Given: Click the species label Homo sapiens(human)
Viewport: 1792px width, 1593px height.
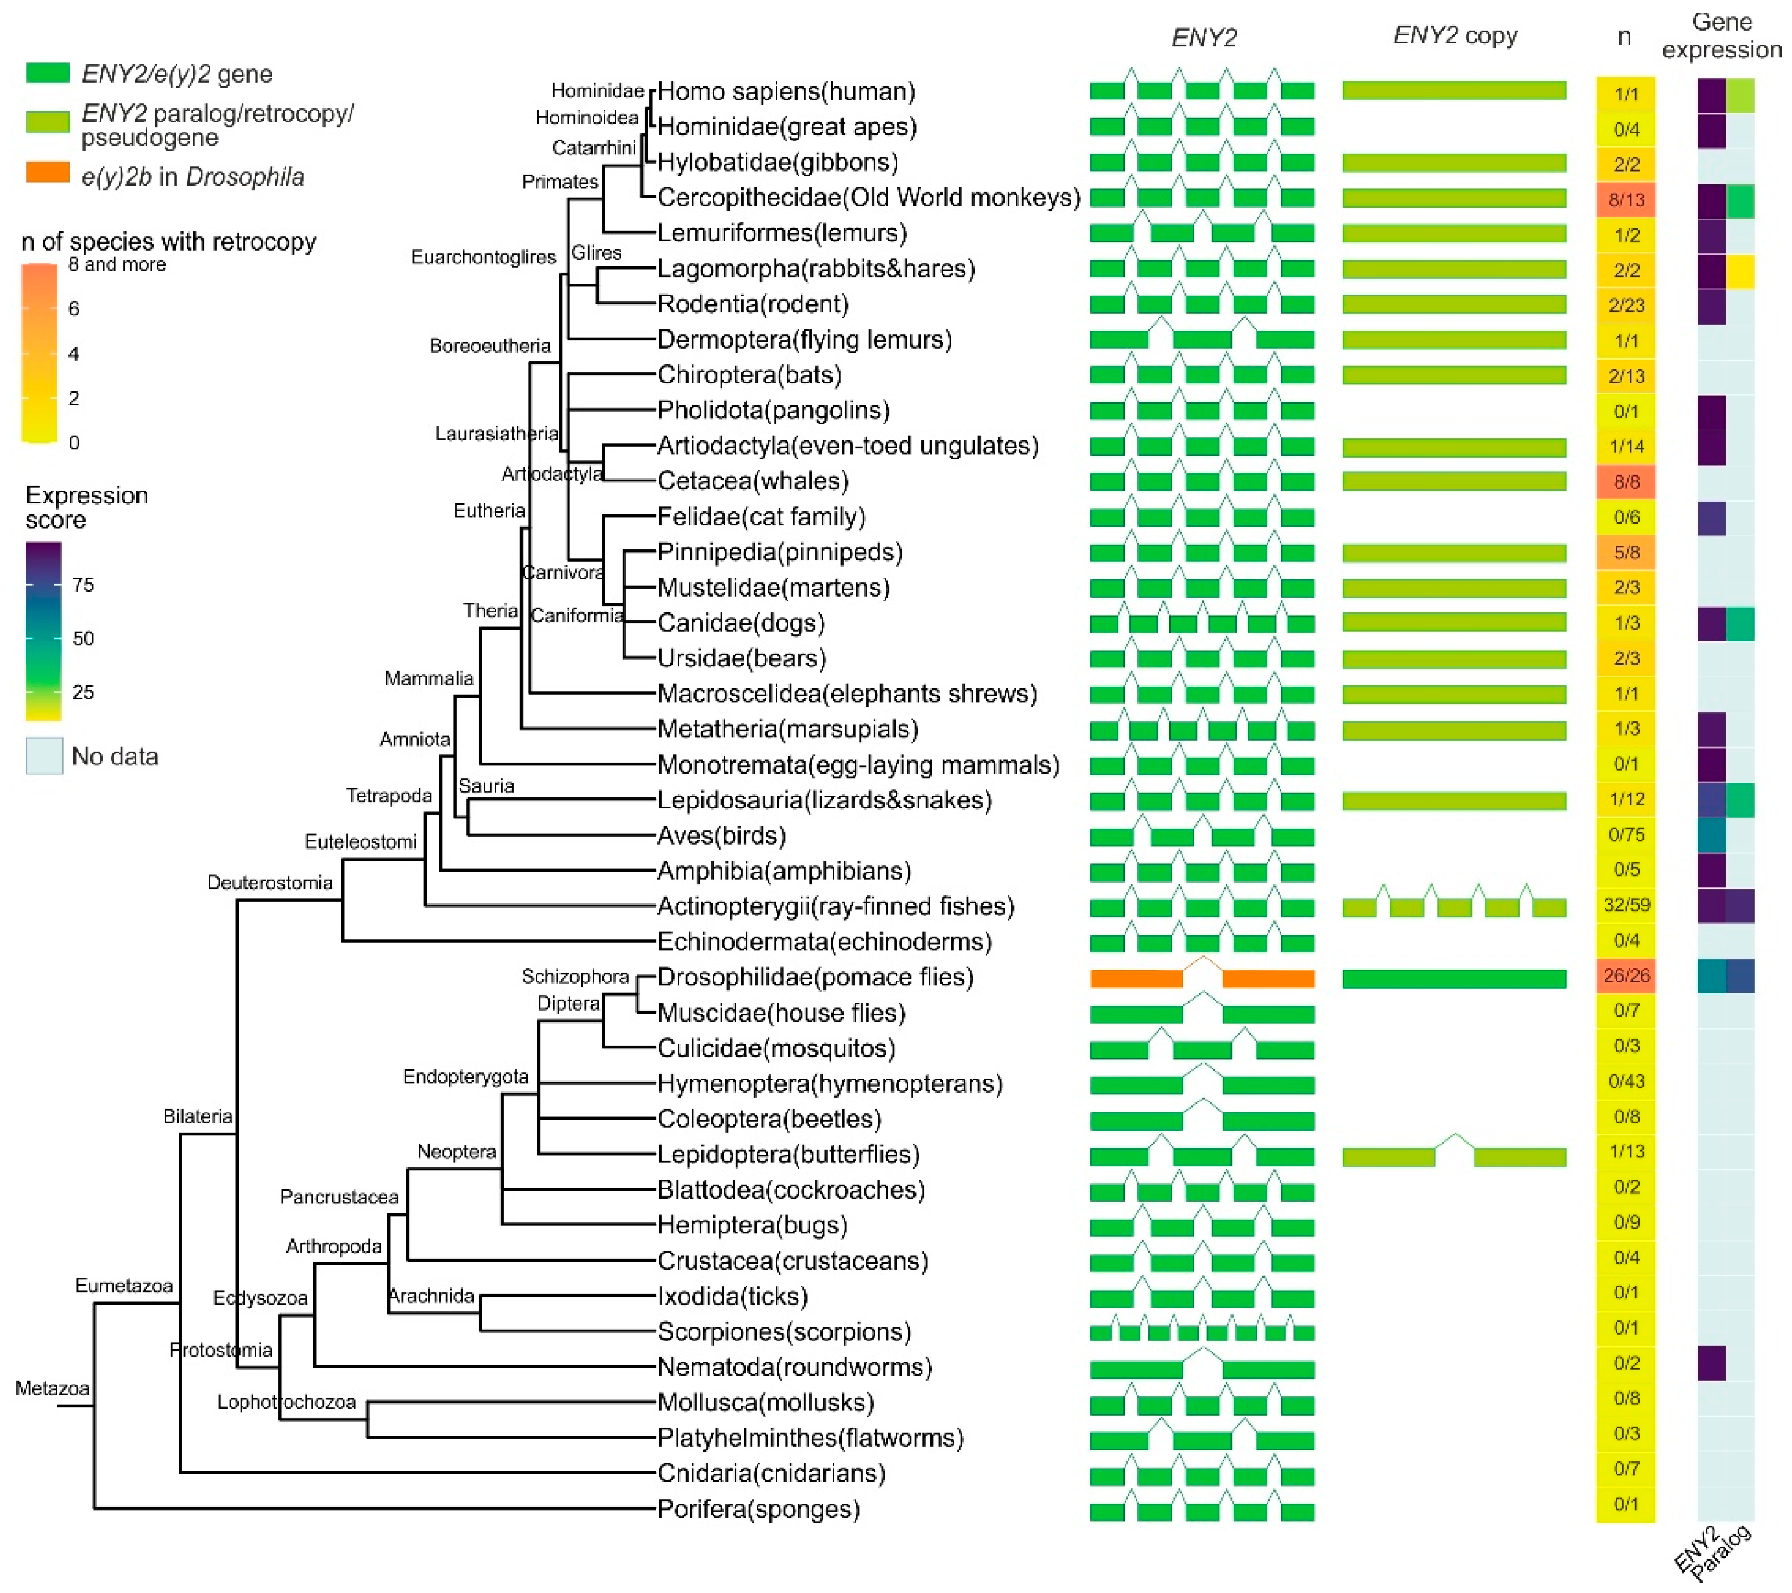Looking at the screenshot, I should pos(786,91).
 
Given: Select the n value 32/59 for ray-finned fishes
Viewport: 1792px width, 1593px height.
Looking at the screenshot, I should pos(1626,905).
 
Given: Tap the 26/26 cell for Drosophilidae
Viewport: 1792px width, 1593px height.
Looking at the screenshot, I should pos(1626,975).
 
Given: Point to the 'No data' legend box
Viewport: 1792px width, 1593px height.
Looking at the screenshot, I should pos(44,756).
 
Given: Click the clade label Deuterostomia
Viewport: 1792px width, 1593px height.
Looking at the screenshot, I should pos(269,883).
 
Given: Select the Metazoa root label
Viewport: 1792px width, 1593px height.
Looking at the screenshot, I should pos(52,1388).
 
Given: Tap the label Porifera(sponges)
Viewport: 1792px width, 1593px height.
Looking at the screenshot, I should pos(758,1509).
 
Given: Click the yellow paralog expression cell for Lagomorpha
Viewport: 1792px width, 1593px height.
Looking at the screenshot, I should pos(1740,271).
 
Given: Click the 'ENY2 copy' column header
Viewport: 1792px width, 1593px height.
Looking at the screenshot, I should pos(1455,36).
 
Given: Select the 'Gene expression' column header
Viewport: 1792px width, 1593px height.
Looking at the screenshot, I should pos(1721,36).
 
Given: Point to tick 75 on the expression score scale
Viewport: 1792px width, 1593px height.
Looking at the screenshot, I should pos(83,585).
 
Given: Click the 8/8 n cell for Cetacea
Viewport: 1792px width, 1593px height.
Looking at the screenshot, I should pos(1626,481).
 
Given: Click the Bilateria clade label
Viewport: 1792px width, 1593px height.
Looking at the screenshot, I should pos(197,1116).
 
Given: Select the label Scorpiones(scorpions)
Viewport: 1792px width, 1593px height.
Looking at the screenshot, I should pos(784,1331).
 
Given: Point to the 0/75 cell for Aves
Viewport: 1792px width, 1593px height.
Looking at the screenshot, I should pos(1626,834).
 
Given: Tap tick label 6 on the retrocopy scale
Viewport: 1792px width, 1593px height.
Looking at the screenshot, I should pos(74,309).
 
